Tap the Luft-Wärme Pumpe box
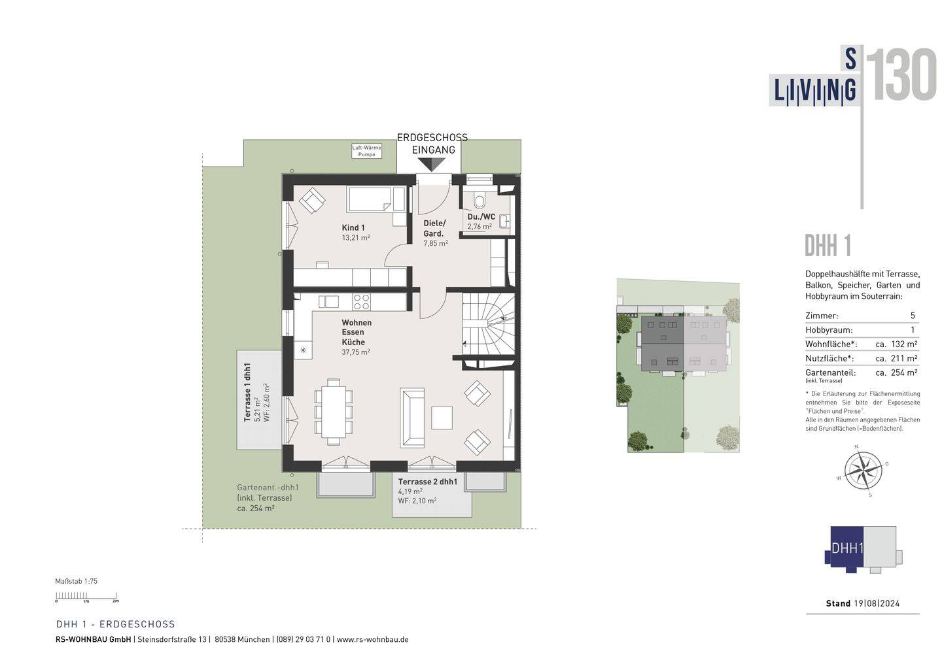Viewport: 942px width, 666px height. (366, 151)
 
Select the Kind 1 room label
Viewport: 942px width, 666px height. (353, 227)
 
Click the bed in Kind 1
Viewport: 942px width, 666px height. (375, 199)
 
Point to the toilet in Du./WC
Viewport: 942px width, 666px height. (480, 199)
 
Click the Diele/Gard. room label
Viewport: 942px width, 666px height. (434, 228)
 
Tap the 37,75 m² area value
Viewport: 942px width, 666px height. (355, 352)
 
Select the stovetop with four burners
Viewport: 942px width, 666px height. (361, 302)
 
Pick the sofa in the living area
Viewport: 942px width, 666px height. (411, 418)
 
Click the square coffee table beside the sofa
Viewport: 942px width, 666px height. (442, 418)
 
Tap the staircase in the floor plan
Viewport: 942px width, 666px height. (488, 324)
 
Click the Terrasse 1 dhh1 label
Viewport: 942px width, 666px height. (247, 392)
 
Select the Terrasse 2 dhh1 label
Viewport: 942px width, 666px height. (427, 482)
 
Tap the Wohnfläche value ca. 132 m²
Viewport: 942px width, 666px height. (896, 344)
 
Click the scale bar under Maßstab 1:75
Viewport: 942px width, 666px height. (86, 596)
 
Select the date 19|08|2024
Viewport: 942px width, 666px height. (877, 603)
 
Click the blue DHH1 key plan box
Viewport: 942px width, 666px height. (846, 548)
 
